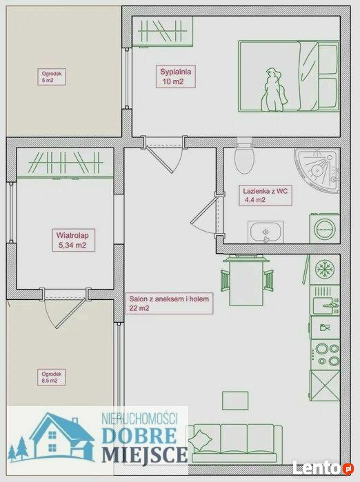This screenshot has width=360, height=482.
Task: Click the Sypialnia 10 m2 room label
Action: [x=176, y=77]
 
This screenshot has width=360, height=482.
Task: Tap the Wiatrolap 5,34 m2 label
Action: [x=72, y=240]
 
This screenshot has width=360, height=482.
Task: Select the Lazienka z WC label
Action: [x=266, y=196]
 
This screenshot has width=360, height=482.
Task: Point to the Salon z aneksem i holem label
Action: [x=169, y=303]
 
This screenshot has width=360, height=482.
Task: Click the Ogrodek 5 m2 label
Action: [x=52, y=77]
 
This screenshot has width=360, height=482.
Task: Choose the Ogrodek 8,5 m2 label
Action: [x=52, y=377]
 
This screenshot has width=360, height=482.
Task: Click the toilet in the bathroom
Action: [x=244, y=157]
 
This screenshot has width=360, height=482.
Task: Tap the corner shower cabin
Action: [x=317, y=170]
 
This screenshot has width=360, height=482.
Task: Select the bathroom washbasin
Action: [x=266, y=232]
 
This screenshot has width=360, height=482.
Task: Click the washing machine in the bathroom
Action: [x=324, y=229]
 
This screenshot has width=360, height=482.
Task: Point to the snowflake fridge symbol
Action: [x=325, y=269]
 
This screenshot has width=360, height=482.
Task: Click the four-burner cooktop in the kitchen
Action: [x=326, y=354]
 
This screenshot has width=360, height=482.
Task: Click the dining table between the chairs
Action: [x=247, y=281]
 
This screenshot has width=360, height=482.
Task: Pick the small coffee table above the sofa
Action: [x=235, y=401]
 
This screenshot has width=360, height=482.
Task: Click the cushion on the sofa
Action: [x=200, y=441]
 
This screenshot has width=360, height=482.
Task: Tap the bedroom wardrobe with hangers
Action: [x=163, y=31]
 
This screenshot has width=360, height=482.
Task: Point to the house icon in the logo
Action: [x=63, y=436]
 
